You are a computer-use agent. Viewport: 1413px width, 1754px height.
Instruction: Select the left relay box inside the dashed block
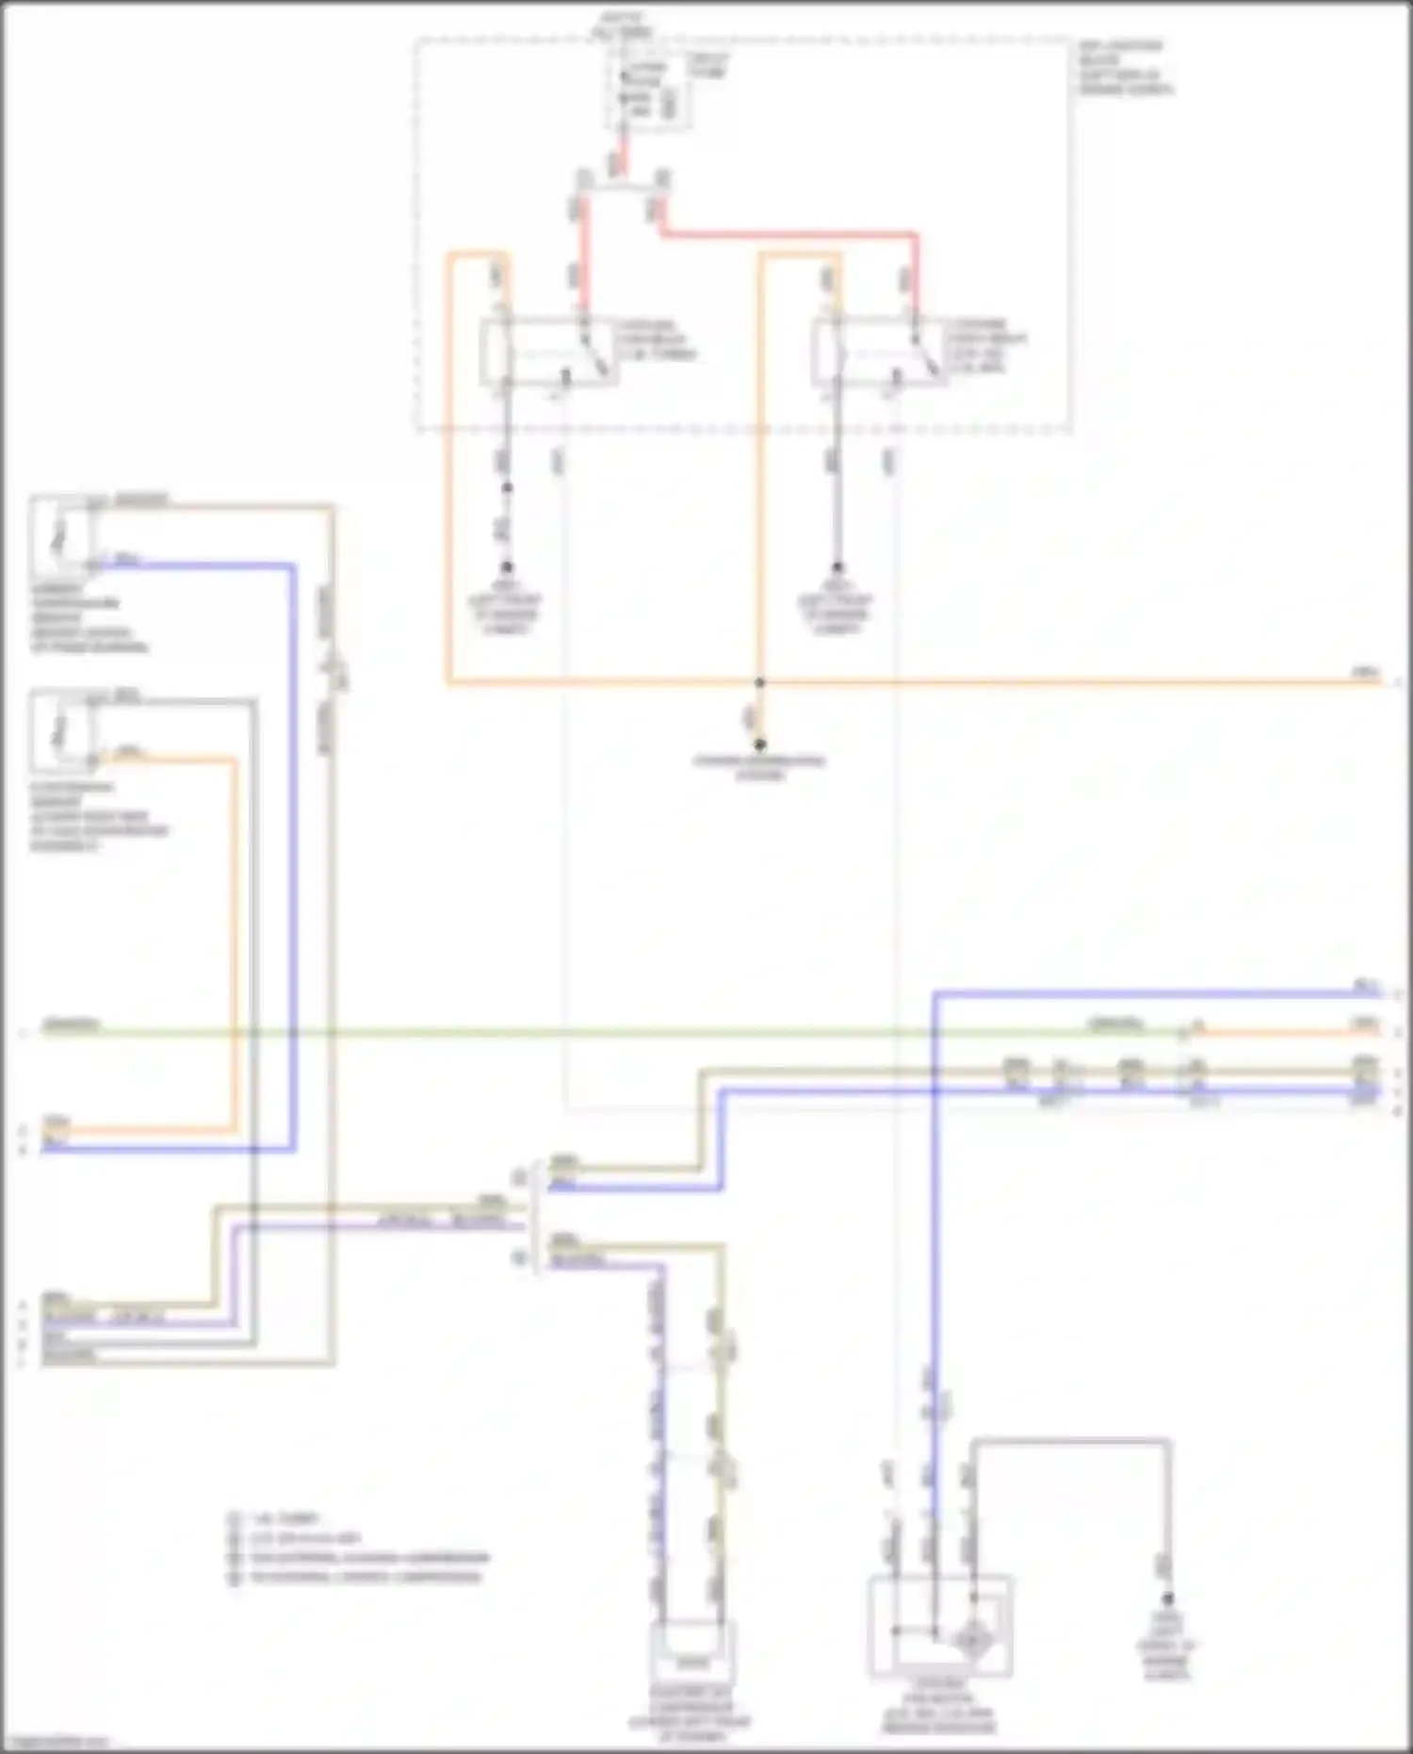[x=549, y=352]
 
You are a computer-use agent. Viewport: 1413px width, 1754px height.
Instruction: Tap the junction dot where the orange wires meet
[x=760, y=681]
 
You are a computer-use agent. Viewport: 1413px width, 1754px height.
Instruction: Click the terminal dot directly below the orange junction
[x=760, y=745]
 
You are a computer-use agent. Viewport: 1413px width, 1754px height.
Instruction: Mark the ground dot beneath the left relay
[x=507, y=567]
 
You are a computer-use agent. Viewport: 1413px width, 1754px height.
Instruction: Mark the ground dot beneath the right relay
[x=837, y=567]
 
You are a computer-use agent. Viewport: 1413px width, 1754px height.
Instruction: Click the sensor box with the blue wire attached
[x=62, y=534]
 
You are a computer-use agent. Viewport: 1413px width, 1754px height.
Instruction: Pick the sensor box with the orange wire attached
[x=62, y=732]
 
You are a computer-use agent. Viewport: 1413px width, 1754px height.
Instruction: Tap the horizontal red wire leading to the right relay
[x=791, y=232]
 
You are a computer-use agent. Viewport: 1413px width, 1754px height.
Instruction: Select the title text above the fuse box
[x=621, y=25]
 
